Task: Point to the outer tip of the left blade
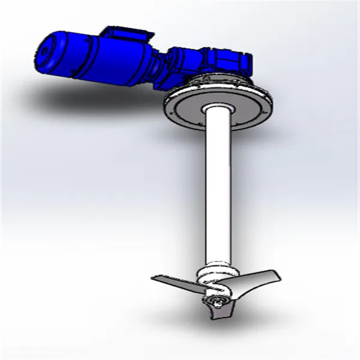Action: [154, 278]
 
